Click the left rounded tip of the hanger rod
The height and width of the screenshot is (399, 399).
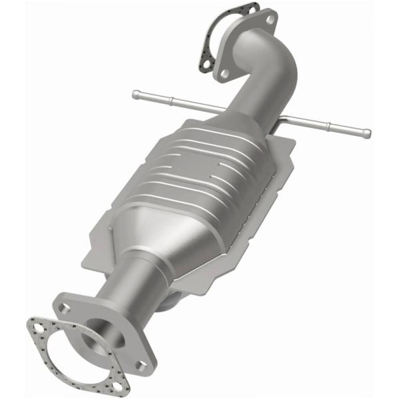point(136,94)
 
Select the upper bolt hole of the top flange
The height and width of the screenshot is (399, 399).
point(269,19)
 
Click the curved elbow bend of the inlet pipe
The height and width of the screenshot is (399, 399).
point(276,63)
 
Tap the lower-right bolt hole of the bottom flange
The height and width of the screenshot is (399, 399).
point(142,364)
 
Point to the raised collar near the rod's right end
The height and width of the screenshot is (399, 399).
point(330,126)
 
